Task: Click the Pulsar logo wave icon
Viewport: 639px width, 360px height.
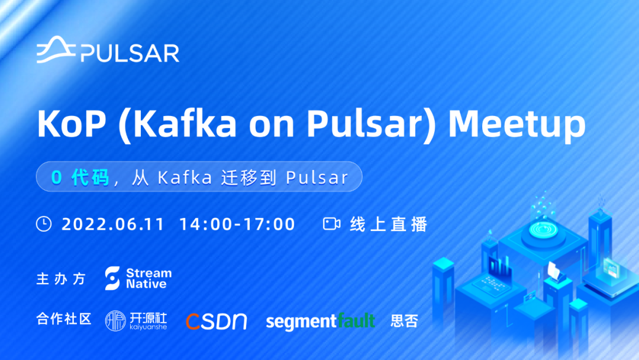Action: [56, 50]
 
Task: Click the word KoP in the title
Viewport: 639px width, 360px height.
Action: [72, 124]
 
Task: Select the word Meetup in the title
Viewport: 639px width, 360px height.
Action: [517, 124]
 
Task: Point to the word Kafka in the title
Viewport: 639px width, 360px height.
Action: [185, 124]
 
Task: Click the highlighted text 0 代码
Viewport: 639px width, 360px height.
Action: [80, 178]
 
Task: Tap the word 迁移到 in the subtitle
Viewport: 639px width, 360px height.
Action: [248, 178]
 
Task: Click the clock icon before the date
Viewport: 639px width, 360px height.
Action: [44, 224]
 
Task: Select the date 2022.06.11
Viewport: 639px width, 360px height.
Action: [113, 224]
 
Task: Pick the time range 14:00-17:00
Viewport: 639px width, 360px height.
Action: [237, 224]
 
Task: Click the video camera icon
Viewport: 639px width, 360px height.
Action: [332, 224]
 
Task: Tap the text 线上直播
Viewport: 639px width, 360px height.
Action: [388, 224]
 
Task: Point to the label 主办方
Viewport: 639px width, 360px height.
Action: [61, 279]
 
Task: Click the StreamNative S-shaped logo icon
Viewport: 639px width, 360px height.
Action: [112, 278]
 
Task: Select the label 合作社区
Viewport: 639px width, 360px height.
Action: [64, 319]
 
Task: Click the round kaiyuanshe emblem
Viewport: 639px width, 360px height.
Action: [115, 321]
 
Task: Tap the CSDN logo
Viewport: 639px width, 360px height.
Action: [217, 322]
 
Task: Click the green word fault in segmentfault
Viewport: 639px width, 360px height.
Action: [356, 320]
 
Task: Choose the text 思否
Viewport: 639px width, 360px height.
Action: [404, 321]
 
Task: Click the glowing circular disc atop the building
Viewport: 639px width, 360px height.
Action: [543, 230]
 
